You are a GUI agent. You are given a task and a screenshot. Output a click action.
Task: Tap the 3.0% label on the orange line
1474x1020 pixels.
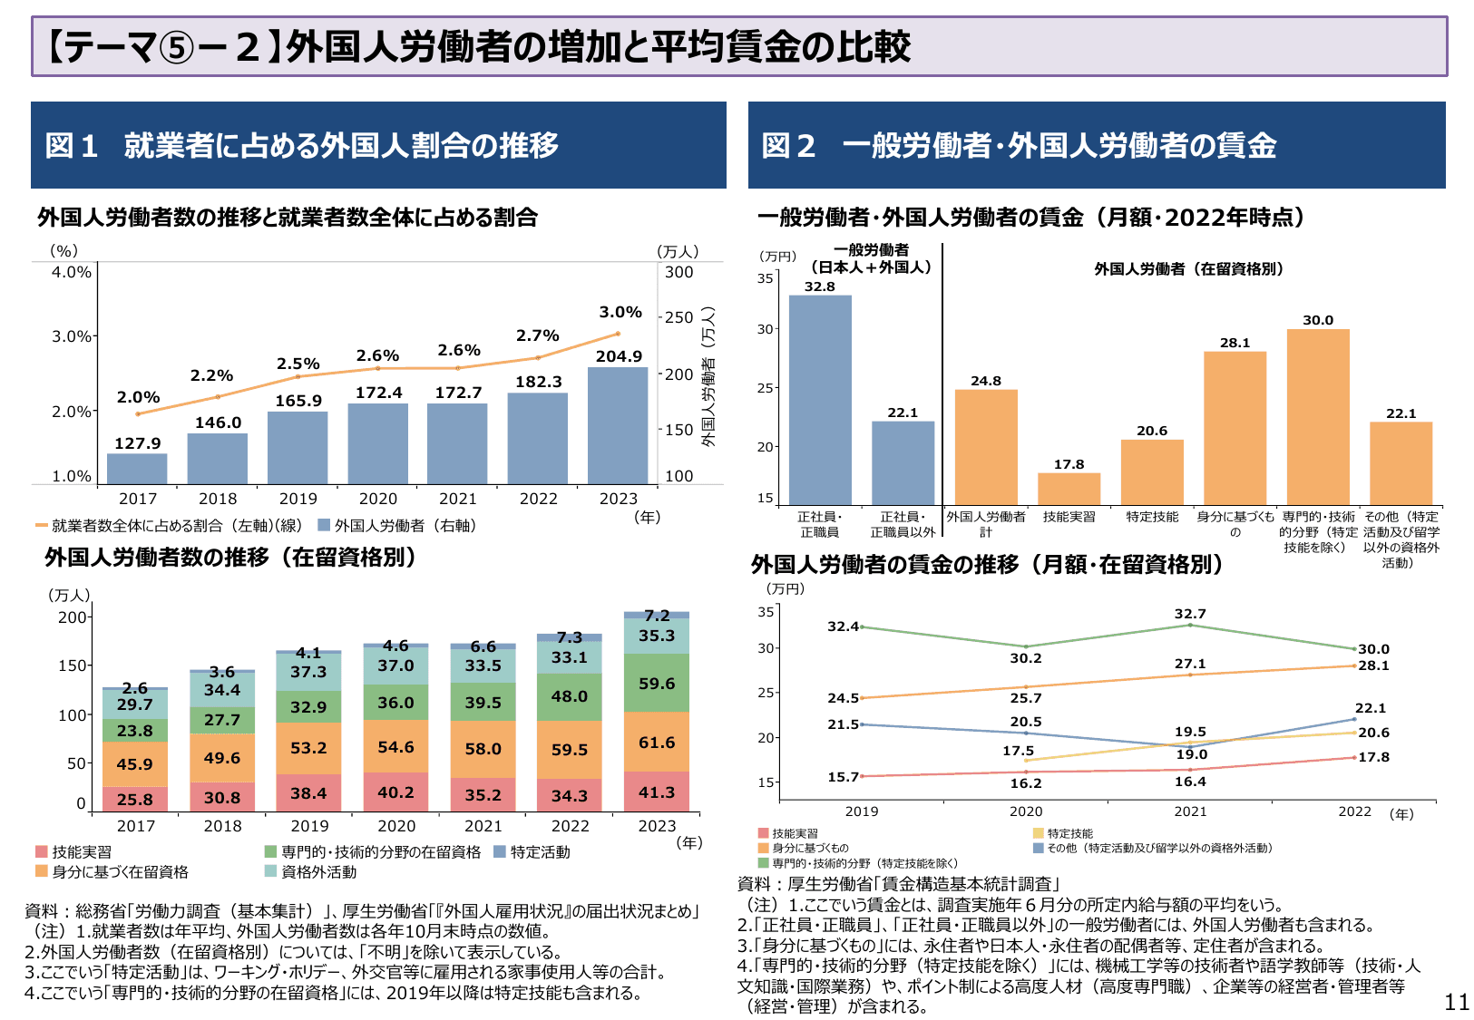[x=620, y=312]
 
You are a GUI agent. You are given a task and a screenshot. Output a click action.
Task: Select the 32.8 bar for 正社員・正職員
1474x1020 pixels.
[x=820, y=399]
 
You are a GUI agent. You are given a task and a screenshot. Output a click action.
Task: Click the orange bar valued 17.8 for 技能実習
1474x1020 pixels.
[x=1069, y=489]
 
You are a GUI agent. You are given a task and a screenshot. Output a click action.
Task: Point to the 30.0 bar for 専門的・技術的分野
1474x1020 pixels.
[x=1318, y=417]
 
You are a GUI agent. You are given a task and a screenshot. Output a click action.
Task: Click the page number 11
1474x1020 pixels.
[x=1456, y=1002]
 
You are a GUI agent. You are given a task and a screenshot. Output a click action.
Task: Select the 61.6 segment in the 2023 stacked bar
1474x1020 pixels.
[x=657, y=743]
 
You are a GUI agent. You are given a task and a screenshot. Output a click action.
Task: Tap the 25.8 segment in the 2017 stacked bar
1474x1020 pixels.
[x=135, y=800]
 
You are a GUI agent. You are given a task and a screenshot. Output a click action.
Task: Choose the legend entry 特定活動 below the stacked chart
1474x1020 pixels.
[x=540, y=852]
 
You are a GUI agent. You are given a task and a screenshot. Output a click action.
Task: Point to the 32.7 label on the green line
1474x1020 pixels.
[x=1190, y=614]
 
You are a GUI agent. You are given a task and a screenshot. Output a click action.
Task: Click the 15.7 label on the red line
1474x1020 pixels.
[x=843, y=777]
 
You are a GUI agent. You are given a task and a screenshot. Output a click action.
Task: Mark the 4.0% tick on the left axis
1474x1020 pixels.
[x=72, y=272]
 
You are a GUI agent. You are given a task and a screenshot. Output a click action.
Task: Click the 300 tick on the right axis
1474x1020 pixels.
[x=678, y=272]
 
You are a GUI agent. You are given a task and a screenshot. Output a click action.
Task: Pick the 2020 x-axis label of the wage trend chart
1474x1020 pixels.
[x=1026, y=811]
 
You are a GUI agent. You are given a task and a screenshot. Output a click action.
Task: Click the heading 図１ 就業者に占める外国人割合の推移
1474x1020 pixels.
[x=302, y=145]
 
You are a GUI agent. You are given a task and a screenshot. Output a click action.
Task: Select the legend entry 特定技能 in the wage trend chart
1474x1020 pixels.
[x=1069, y=833]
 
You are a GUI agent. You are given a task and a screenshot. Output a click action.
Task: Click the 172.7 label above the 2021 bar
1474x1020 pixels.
[x=458, y=393]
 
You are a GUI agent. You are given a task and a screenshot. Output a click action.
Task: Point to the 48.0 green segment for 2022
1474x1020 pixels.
[x=570, y=696]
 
